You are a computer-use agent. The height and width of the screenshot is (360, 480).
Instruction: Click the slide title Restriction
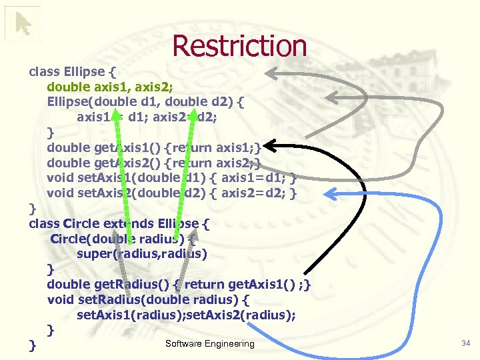239,46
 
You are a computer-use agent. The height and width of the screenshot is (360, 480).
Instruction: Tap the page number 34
465,343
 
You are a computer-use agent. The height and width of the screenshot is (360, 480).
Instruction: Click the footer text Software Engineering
209,343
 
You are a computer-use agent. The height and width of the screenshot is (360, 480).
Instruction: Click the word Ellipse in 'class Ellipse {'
84,71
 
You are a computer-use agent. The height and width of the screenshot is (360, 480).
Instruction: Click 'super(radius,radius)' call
141,254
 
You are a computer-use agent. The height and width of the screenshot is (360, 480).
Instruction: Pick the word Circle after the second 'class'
81,223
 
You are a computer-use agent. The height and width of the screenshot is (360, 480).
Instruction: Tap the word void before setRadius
59,300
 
